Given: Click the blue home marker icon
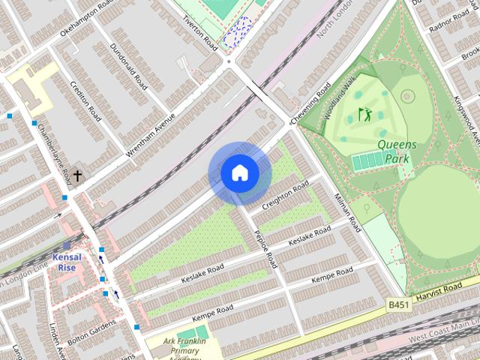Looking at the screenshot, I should [x=239, y=173].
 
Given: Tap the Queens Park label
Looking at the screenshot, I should [x=397, y=151].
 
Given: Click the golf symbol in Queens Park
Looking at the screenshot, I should [x=365, y=115].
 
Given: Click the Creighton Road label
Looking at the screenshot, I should [x=286, y=194].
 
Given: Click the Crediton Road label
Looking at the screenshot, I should [x=85, y=102].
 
